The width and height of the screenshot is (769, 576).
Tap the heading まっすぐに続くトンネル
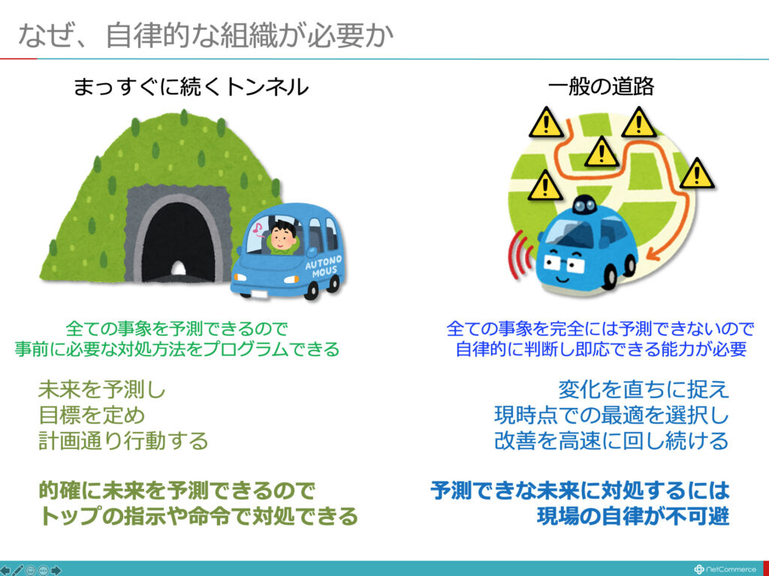pos(191,87)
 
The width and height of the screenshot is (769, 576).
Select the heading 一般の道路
pos(602,87)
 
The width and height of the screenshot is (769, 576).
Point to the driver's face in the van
pos(282,237)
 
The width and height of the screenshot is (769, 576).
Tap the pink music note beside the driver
pos(258,228)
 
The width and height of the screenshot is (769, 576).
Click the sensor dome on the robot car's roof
pos(584,204)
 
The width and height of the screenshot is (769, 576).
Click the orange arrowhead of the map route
pos(654,254)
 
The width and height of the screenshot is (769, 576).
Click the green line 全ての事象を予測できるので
pos(176,328)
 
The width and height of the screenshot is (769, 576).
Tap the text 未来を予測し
pos(102,390)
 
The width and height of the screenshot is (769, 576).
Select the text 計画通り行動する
pos(123,440)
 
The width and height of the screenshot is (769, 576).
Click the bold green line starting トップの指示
pos(198,516)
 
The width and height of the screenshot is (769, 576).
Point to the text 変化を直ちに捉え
pos(644,389)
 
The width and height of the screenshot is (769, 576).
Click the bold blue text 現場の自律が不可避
pos(633,516)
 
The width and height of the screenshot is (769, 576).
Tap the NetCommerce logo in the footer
pos(725,569)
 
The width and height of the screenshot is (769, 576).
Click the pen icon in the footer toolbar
pos(18,570)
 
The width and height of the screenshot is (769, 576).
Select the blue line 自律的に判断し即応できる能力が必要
pos(601,349)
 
